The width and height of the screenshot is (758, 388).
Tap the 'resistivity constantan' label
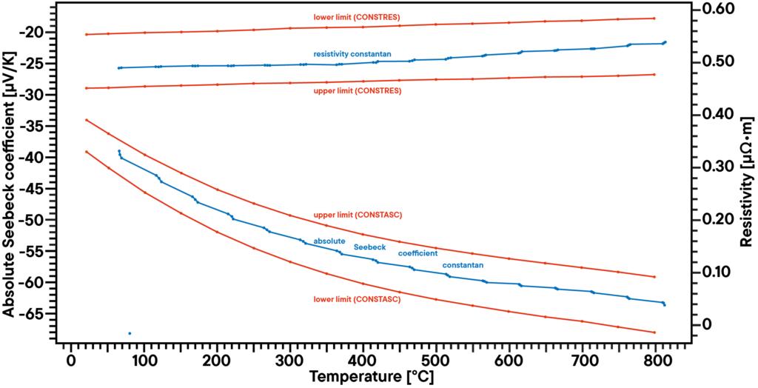click(352, 54)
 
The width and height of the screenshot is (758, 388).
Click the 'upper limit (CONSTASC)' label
click(358, 215)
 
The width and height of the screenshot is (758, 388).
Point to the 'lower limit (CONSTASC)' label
click(357, 299)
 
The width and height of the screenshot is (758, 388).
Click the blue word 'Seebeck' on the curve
click(369, 247)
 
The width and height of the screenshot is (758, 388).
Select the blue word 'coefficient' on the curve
click(417, 253)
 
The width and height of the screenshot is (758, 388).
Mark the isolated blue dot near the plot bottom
click(130, 333)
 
